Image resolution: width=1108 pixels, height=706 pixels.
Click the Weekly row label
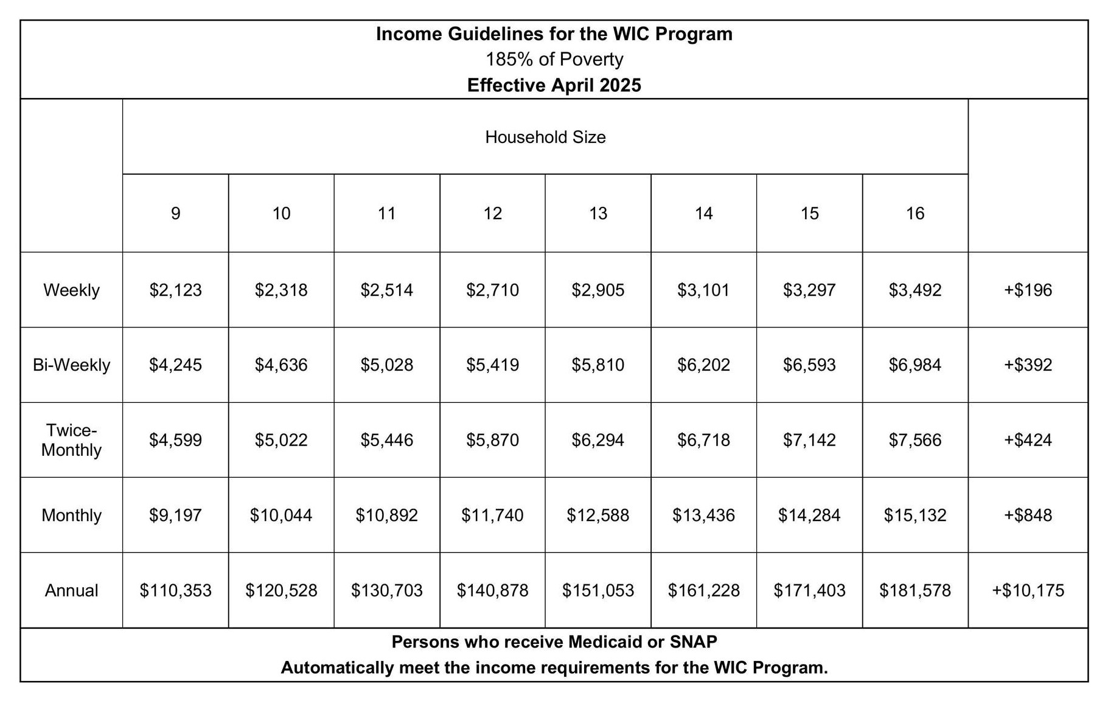71,290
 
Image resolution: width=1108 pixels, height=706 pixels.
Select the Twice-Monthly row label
71,440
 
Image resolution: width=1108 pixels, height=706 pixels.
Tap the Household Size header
545,137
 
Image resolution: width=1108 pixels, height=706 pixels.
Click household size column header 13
598,213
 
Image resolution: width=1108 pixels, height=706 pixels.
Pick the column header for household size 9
175,213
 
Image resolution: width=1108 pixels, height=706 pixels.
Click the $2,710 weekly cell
492,290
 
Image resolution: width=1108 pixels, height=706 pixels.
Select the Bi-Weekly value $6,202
703,365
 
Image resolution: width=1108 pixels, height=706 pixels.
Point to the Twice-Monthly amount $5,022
281,440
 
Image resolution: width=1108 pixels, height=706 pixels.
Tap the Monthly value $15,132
915,516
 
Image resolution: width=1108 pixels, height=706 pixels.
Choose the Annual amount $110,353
175,590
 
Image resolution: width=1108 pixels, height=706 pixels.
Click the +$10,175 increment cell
1028,590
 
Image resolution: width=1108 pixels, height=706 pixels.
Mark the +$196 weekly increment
1028,290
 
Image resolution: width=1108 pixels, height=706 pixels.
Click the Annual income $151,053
598,590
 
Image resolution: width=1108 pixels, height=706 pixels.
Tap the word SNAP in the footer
693,641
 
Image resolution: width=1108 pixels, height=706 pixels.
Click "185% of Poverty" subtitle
554,59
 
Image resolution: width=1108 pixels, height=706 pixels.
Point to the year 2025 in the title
620,85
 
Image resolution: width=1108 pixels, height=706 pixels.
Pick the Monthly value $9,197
175,516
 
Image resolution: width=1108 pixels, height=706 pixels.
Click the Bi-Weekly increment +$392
1028,365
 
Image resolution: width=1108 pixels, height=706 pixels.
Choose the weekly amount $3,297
809,290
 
